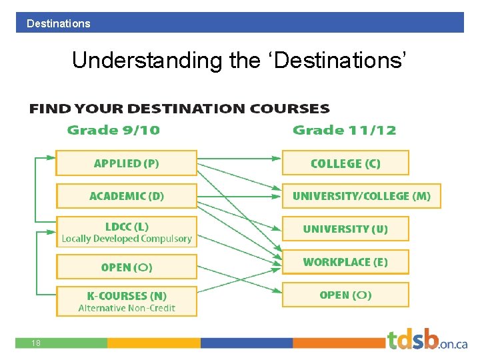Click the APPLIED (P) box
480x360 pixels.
pos(126,163)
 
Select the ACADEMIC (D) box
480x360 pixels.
pos(126,196)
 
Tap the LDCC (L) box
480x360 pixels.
pos(126,231)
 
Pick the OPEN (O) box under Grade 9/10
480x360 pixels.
pos(126,267)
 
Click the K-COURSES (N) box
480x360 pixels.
pos(126,301)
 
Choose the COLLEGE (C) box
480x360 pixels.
pos(345,163)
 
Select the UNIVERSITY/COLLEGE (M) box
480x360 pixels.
pos(361,196)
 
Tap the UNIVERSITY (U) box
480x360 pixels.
pos(345,229)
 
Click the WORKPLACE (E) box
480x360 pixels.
pos(345,262)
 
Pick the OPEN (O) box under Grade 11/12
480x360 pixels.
pos(345,295)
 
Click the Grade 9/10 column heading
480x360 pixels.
pos(113,130)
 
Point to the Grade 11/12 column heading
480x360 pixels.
pos(344,130)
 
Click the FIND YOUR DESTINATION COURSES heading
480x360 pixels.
pos(179,109)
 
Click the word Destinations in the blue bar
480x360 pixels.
pos(59,23)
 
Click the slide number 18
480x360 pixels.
pos(36,343)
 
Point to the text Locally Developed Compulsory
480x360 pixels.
pos(127,239)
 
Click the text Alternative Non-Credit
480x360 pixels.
pos(127,308)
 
